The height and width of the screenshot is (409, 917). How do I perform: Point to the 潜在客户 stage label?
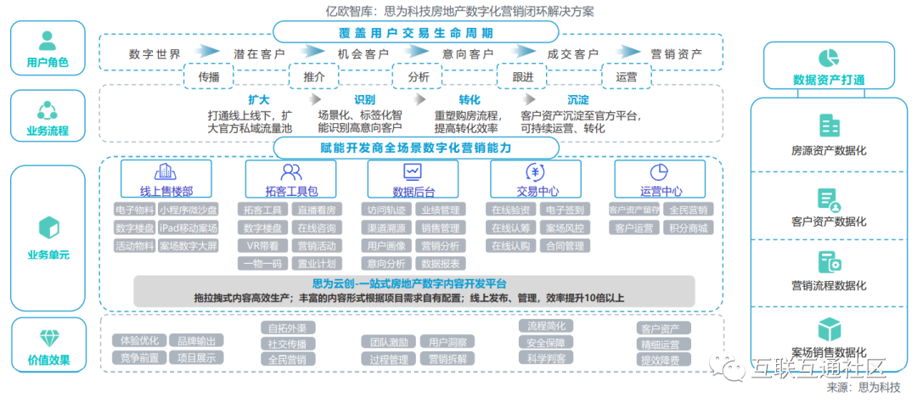[259, 54]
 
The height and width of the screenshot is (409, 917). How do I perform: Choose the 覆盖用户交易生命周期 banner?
[415, 34]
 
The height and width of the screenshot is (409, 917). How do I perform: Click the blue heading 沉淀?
[578, 100]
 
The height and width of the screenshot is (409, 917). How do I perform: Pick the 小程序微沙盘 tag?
[188, 210]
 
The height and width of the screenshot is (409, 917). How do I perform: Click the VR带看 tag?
[262, 246]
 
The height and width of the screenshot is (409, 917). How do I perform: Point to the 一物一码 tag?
[262, 264]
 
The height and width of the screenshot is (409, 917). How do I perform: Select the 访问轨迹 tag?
[388, 210]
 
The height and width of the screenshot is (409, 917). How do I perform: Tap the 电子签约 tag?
[565, 210]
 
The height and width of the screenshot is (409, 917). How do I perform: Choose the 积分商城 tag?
[689, 227]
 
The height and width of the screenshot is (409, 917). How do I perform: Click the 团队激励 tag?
[388, 342]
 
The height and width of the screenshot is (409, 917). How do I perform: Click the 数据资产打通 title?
[828, 80]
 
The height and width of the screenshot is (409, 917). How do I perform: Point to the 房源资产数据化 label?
[828, 151]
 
